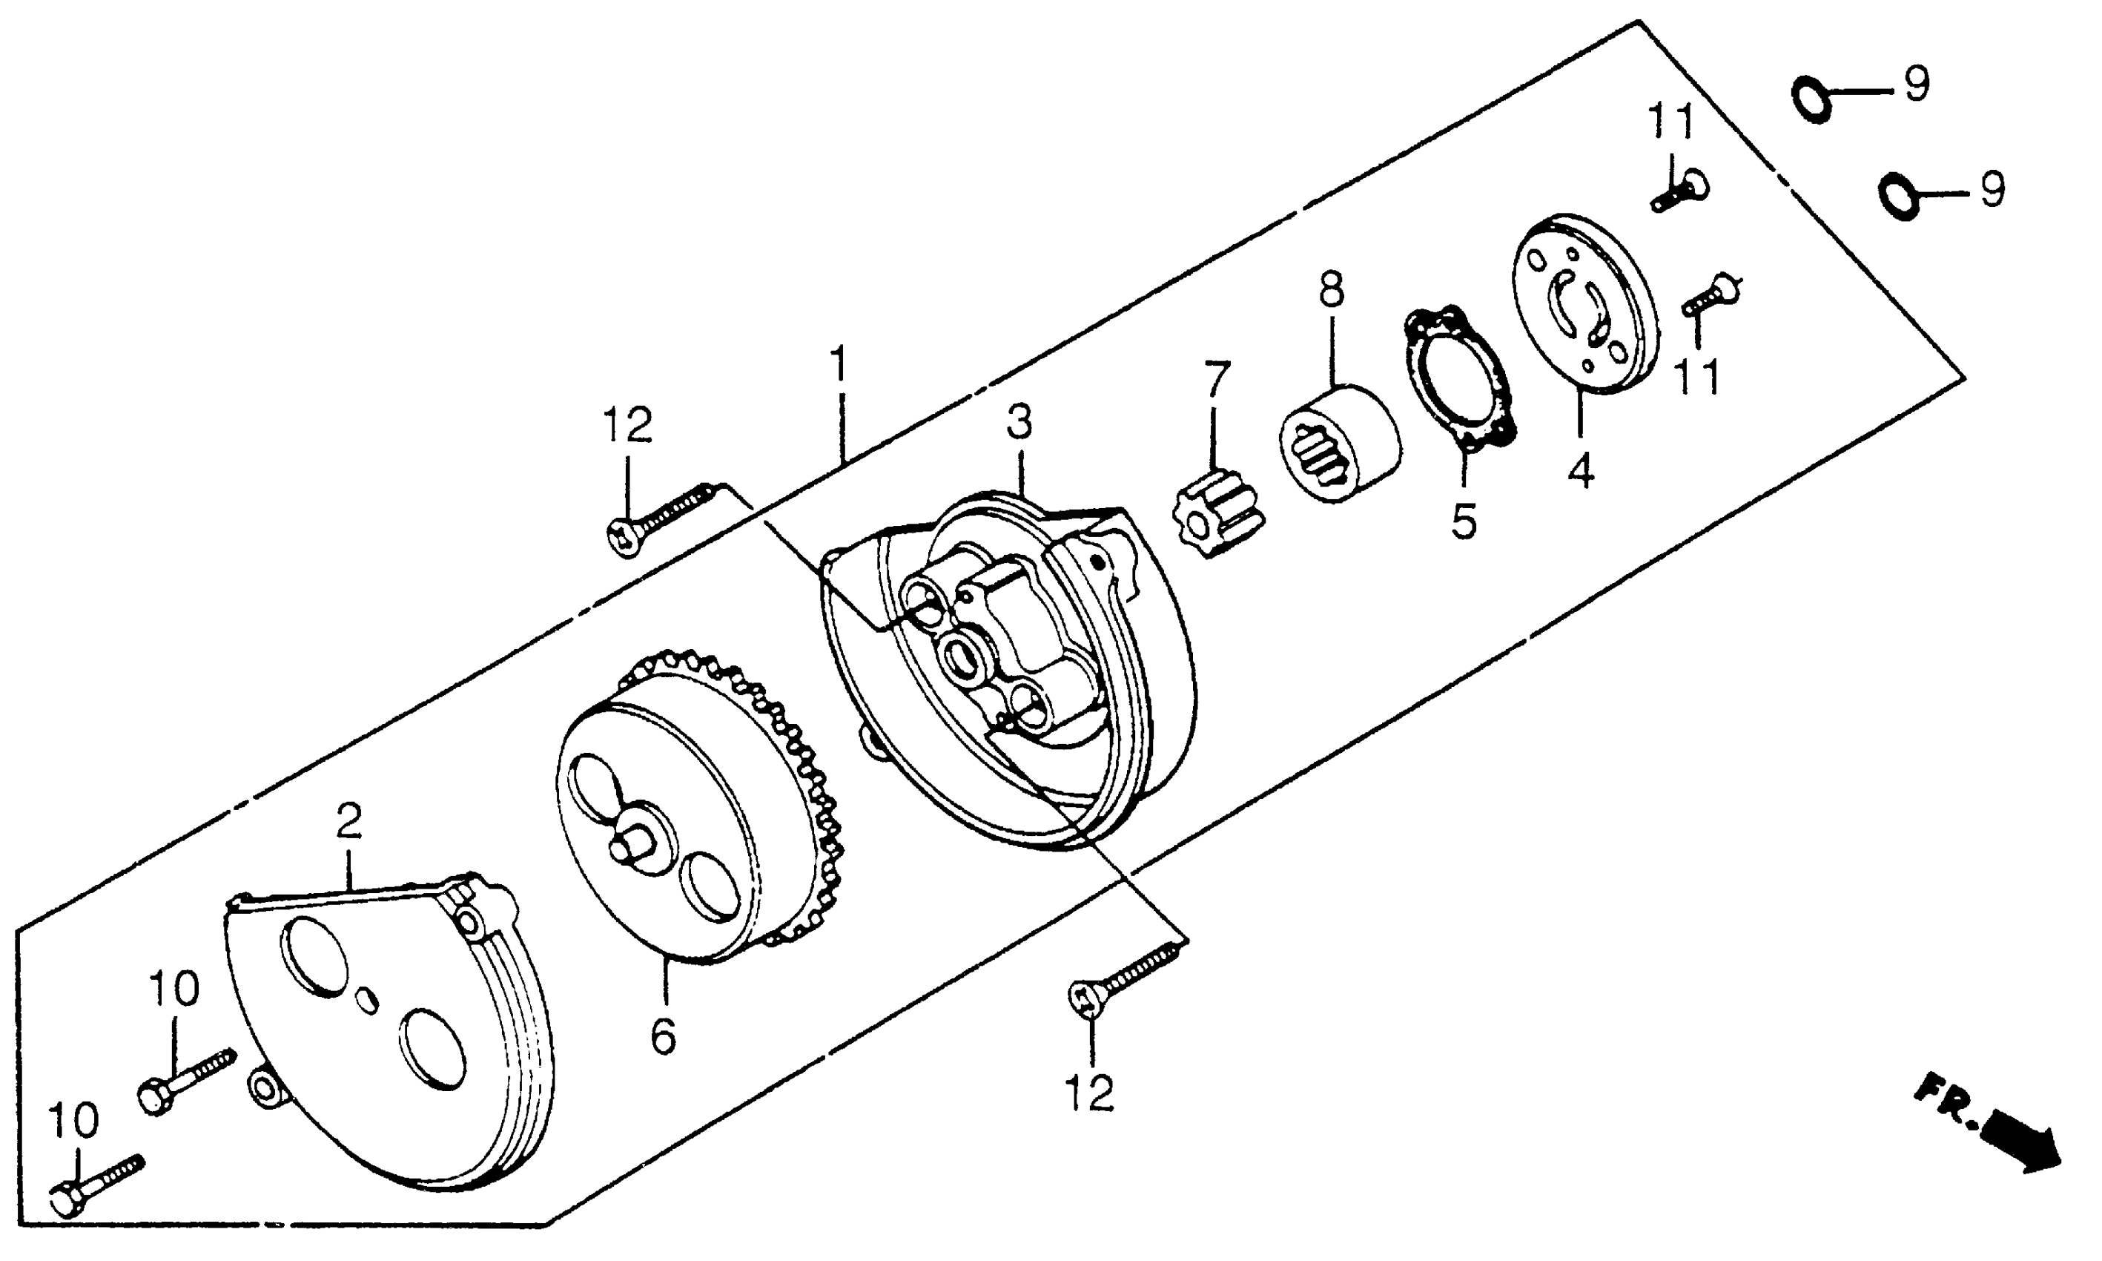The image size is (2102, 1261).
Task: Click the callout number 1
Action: click(x=839, y=364)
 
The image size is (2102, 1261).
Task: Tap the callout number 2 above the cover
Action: click(x=349, y=821)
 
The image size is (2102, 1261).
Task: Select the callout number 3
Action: click(x=1019, y=422)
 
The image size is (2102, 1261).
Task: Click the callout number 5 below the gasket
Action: click(x=1464, y=520)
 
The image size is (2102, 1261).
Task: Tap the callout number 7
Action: click(x=1216, y=381)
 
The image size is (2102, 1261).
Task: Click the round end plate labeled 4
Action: click(x=1584, y=306)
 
